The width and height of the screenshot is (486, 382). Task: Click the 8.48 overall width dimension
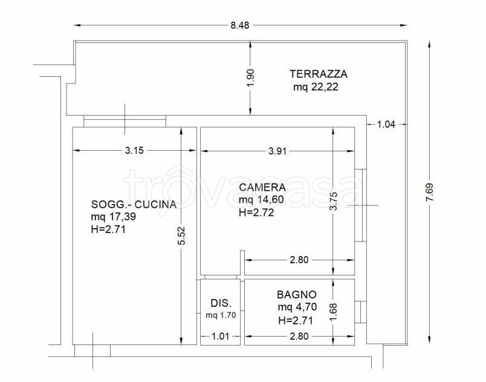click(239, 25)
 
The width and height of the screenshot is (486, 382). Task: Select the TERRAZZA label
click(319, 74)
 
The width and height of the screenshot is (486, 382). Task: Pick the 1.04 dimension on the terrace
click(386, 125)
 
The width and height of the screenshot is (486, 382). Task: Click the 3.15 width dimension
click(135, 151)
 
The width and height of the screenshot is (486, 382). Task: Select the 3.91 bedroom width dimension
click(277, 151)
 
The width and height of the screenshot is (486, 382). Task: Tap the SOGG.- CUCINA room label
click(134, 204)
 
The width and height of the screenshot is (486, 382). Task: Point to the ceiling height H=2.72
click(256, 212)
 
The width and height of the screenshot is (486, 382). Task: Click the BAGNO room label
click(296, 295)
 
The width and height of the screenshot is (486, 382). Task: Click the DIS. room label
click(221, 303)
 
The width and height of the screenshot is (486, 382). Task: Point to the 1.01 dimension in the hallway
click(221, 337)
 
